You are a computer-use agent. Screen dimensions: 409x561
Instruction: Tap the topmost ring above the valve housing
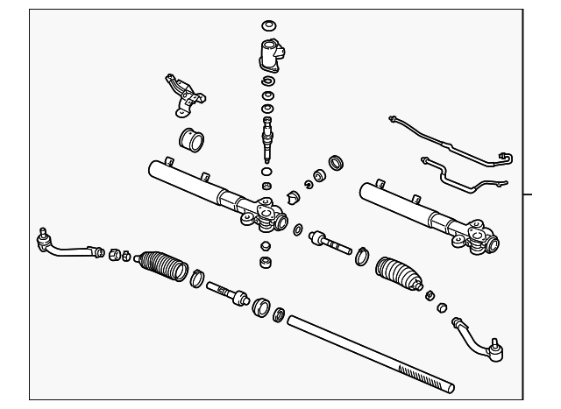pos(268,24)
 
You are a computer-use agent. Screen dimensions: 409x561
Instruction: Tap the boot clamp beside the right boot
pos(362,257)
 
